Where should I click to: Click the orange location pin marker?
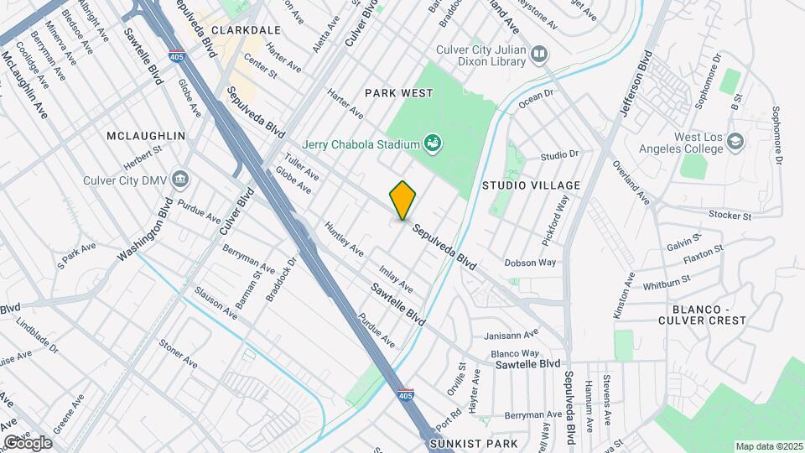403,200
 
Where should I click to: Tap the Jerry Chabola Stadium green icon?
432,143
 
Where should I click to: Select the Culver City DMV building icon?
179,179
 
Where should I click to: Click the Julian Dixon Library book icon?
539,55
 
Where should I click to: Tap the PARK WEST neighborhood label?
398,92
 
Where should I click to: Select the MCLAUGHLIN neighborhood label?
145,135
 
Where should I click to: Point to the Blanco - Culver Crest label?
702,313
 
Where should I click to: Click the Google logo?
28,441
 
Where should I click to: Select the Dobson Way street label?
531,263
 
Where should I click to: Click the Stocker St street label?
728,216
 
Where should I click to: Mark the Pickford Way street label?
554,221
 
